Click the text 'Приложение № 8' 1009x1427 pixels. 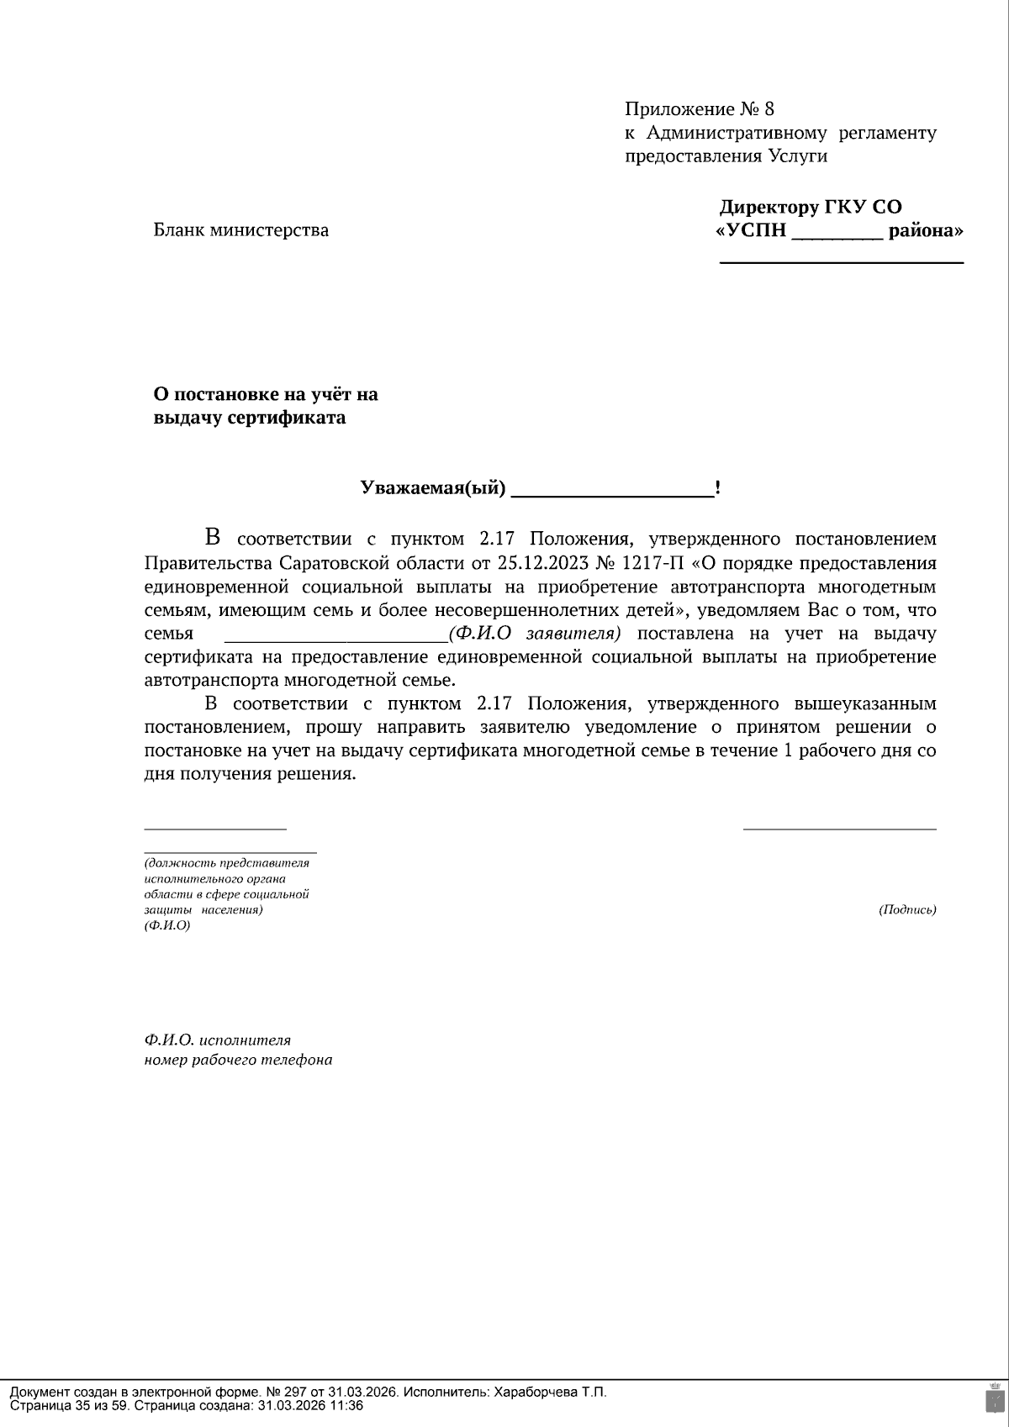[699, 109]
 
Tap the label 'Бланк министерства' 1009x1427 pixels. [240, 230]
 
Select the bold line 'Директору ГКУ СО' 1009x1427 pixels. [811, 208]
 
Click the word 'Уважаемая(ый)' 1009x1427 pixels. [433, 488]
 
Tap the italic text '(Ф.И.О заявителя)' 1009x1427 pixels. [535, 633]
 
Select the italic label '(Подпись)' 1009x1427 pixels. [907, 909]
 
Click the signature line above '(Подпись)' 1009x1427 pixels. [839, 829]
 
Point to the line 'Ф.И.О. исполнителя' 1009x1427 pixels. [218, 1040]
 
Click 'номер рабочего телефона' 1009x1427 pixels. [238, 1060]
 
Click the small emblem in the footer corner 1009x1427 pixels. [993, 1398]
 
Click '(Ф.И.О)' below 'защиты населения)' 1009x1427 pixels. [167, 925]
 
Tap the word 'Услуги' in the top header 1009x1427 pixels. [797, 156]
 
